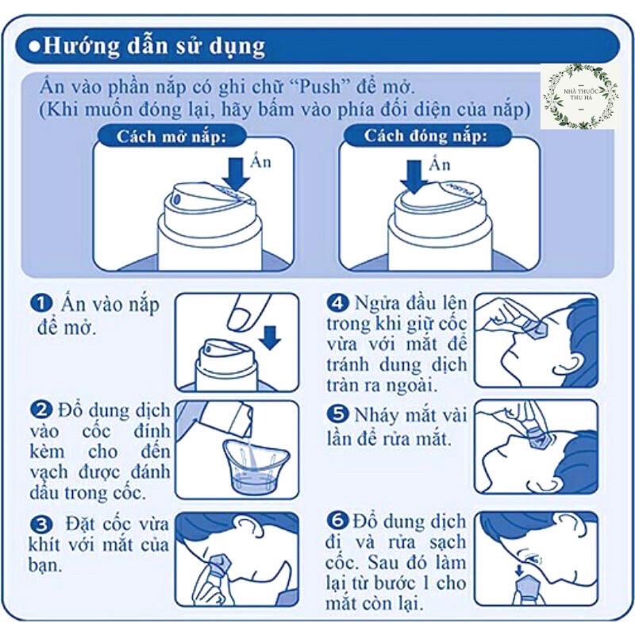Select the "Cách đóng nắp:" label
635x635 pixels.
click(x=425, y=136)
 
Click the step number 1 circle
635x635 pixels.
click(x=40, y=305)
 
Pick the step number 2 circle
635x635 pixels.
click(x=40, y=410)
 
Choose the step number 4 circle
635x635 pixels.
click(x=337, y=303)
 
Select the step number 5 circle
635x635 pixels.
click(x=337, y=414)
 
